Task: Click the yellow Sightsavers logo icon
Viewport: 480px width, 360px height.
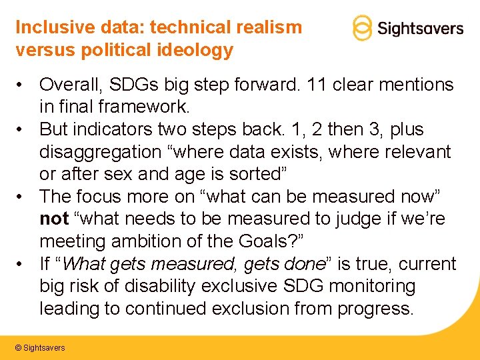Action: pos(361,28)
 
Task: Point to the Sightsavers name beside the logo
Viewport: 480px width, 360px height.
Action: pos(420,29)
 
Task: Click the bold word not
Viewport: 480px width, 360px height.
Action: pos(54,219)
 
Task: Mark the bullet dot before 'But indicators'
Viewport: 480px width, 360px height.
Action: pos(22,129)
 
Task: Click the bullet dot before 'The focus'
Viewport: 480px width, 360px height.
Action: pos(22,197)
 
